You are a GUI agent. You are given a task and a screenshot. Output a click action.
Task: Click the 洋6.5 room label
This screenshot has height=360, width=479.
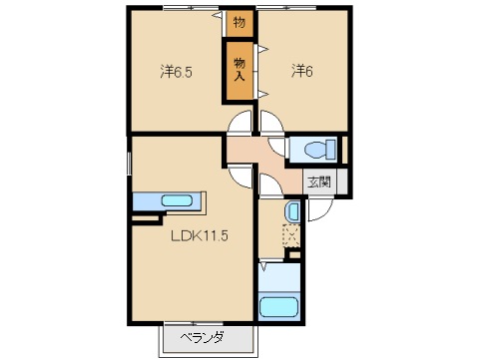[x=177, y=71]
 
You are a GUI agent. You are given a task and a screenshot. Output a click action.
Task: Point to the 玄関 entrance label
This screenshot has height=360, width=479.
[x=319, y=181]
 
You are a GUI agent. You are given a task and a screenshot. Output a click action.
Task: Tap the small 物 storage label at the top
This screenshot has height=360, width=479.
[x=239, y=21]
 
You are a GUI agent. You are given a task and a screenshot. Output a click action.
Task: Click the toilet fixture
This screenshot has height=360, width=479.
[x=317, y=150]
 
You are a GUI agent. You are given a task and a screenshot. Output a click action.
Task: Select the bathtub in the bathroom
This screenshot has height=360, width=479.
[x=280, y=305]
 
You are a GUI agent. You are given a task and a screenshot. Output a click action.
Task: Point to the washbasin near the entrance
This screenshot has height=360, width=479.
[x=291, y=211]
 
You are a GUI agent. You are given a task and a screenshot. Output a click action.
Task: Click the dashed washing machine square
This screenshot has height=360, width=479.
[x=291, y=237]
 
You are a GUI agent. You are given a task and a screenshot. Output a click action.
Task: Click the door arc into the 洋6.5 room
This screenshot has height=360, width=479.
[x=239, y=126]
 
